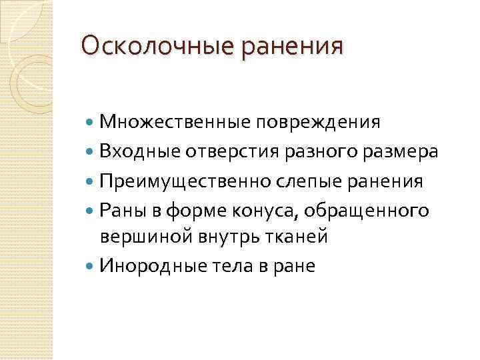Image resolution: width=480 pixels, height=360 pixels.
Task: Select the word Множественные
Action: point(175,123)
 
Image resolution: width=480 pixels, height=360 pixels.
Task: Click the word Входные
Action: point(136,152)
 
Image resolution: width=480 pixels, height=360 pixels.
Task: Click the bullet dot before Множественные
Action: point(91,123)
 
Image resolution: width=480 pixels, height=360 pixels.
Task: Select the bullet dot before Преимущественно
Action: point(91,181)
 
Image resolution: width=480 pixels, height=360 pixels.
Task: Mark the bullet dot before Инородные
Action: point(91,267)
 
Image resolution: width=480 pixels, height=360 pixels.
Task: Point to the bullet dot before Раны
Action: point(91,210)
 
